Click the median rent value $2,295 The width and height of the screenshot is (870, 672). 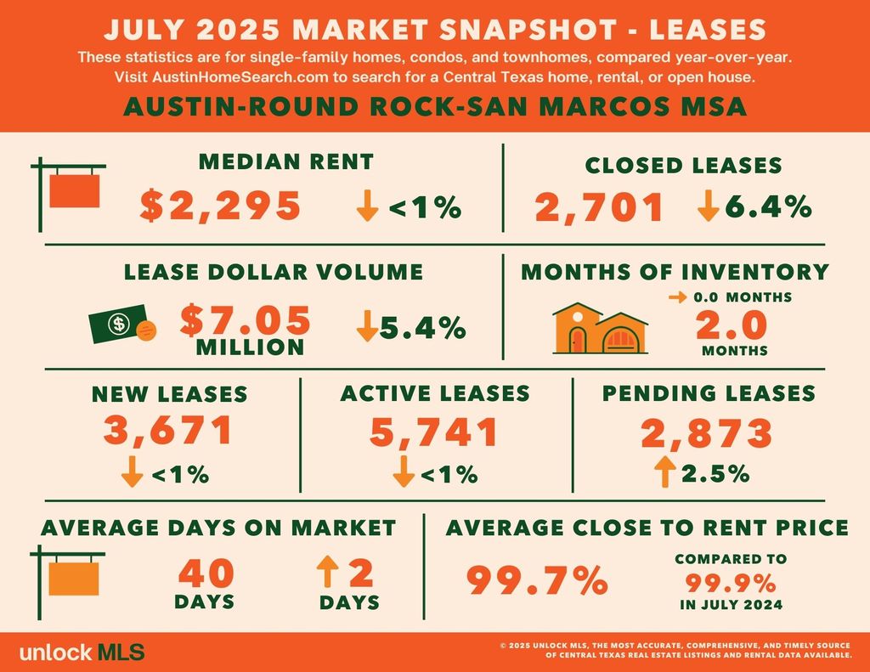pyautogui.click(x=220, y=206)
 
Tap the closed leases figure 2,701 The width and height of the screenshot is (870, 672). pyautogui.click(x=599, y=207)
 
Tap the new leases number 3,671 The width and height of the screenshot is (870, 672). pyautogui.click(x=167, y=431)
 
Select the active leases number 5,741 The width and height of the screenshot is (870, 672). pyautogui.click(x=434, y=432)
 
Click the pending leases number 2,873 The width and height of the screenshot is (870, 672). pyautogui.click(x=707, y=432)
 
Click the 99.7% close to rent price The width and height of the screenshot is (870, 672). pyautogui.click(x=537, y=582)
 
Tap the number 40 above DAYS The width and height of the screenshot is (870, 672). pyautogui.click(x=206, y=573)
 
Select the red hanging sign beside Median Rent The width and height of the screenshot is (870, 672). pyautogui.click(x=75, y=190)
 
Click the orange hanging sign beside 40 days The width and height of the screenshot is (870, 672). pyautogui.click(x=75, y=578)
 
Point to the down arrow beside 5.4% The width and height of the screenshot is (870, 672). pyautogui.click(x=367, y=326)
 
